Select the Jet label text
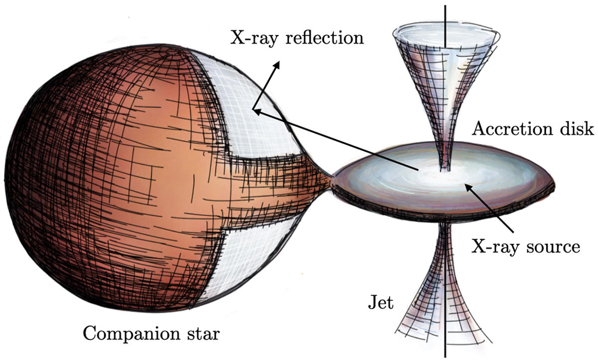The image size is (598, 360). pos(381,303)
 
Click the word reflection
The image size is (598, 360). pos(325,37)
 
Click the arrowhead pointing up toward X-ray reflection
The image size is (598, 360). pos(277,65)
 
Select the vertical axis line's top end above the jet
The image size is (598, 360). pos(445,6)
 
